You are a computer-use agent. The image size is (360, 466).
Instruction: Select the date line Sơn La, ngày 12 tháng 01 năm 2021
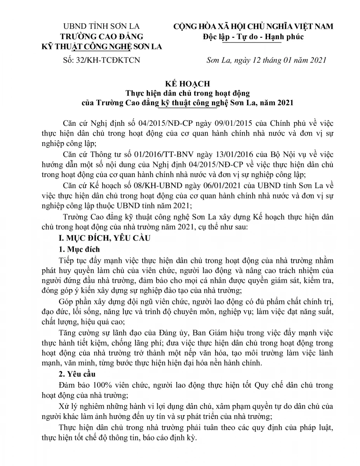coord(266,60)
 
